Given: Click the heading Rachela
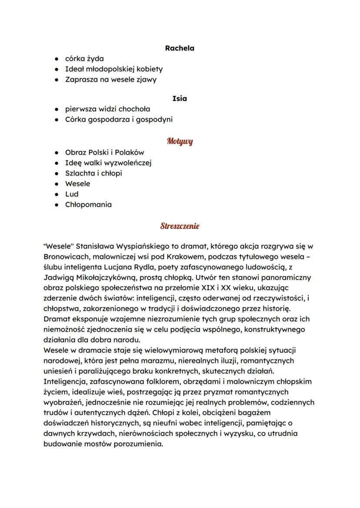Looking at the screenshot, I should tap(180, 48).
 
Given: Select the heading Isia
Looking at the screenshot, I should tap(180, 99).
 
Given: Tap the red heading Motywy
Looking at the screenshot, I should tap(180, 141).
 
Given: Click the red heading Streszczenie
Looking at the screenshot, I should tap(180, 226).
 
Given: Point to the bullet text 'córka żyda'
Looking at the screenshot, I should tap(84, 58).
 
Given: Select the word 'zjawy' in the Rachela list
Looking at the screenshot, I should tap(147, 80).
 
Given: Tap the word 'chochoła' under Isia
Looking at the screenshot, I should tap(134, 109).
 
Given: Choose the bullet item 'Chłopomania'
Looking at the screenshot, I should tap(88, 205).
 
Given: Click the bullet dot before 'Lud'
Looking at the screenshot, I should tap(57, 194).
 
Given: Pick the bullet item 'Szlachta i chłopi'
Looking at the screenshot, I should tap(93, 173).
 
